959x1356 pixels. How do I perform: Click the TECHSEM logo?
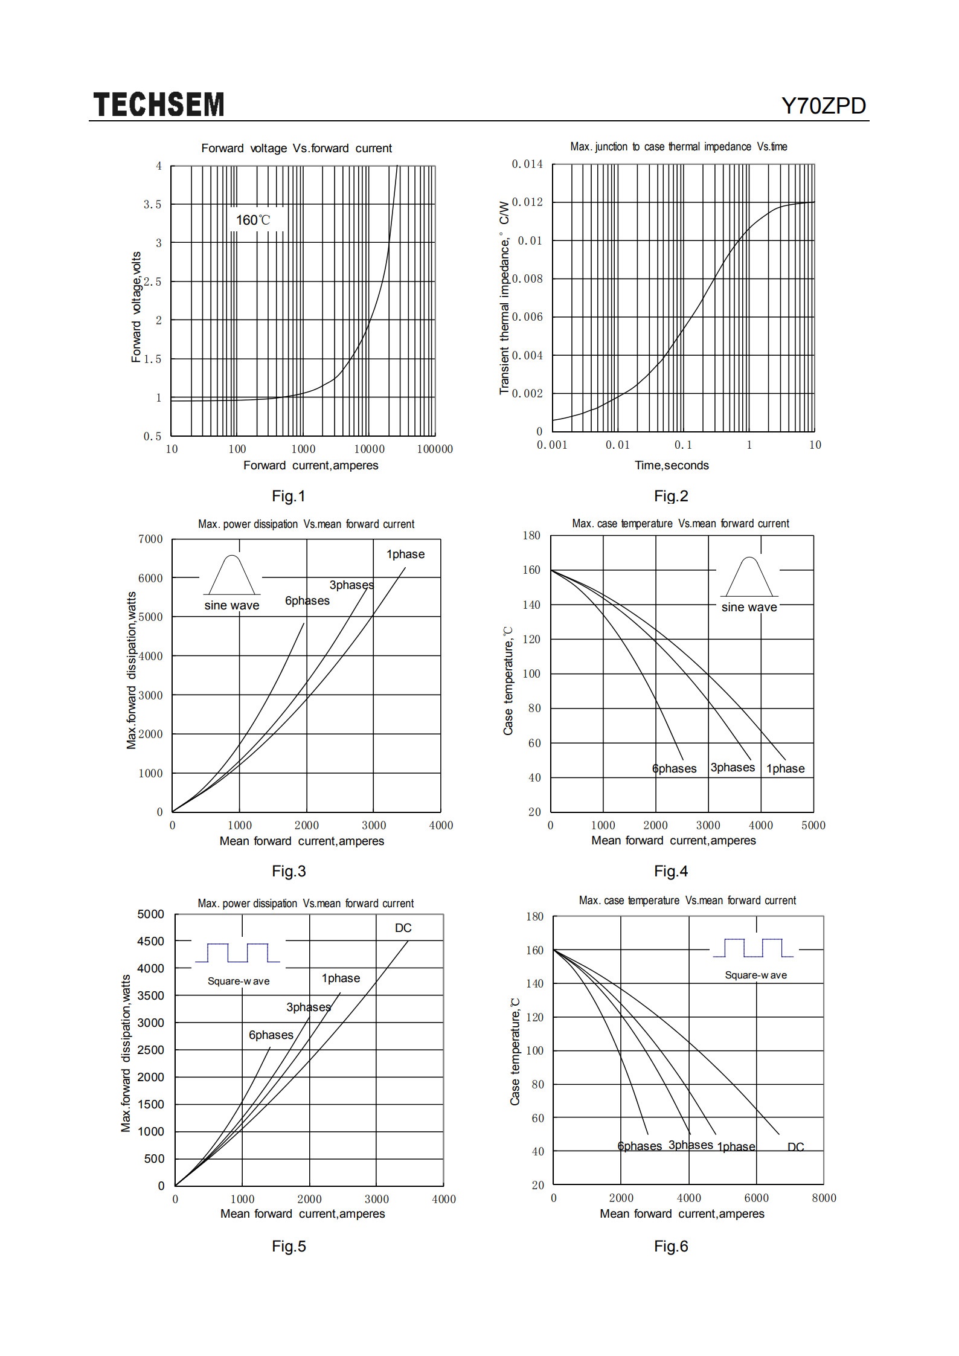click(x=159, y=104)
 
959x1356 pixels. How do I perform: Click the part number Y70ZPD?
click(x=824, y=106)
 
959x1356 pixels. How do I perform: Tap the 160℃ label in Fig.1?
click(x=253, y=220)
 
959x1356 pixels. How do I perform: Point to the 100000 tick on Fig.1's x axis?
click(x=435, y=449)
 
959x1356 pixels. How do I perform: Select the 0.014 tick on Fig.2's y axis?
click(x=527, y=164)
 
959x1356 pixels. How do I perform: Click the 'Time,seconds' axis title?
click(x=672, y=465)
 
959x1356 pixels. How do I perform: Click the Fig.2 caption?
click(x=671, y=496)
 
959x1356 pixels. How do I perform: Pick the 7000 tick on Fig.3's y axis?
click(x=150, y=539)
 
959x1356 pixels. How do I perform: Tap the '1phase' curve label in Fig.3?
click(x=405, y=554)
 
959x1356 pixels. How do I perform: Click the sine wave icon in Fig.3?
click(x=233, y=574)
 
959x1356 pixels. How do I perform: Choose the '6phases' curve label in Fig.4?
click(x=674, y=768)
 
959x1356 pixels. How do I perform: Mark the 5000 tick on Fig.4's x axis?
click(x=813, y=825)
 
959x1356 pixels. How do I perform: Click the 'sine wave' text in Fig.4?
click(x=749, y=607)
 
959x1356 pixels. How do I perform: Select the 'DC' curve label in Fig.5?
click(x=403, y=927)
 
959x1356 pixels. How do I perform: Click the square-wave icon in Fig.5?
click(x=237, y=953)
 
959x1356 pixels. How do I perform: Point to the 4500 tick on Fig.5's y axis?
click(x=151, y=941)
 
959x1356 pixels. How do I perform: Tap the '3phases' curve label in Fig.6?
click(x=690, y=1145)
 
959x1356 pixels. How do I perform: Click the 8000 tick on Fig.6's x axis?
click(x=824, y=1198)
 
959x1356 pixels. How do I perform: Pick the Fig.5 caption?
click(x=289, y=1246)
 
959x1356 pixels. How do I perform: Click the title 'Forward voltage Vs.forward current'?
click(x=297, y=149)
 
